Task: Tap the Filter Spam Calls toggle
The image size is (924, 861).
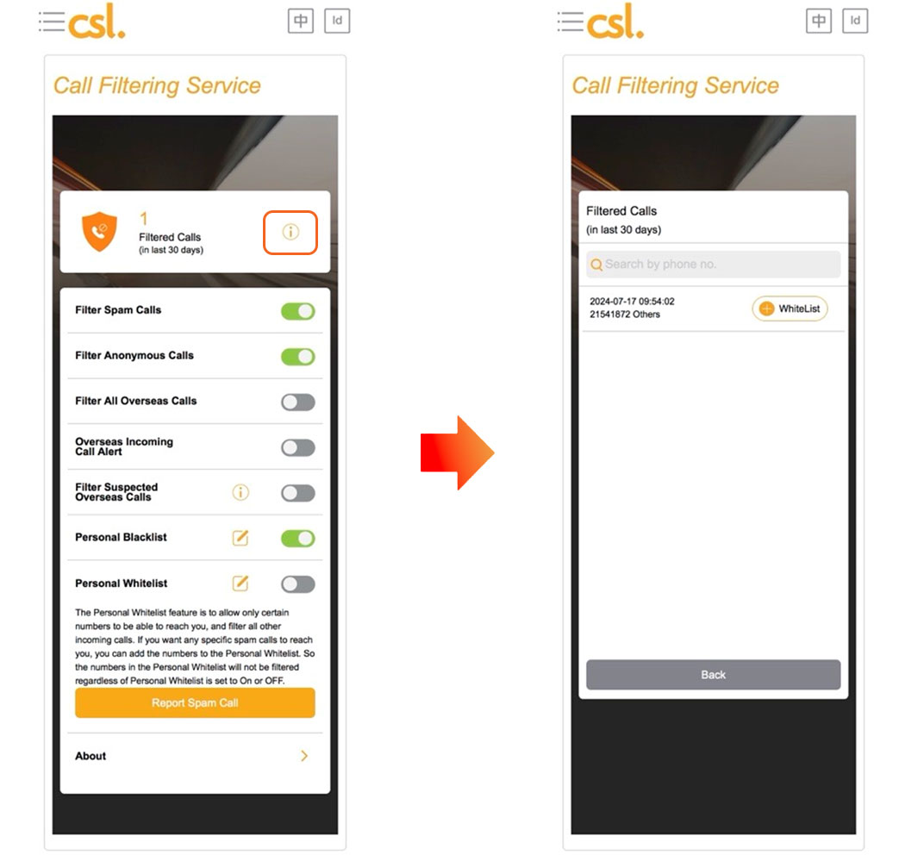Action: pyautogui.click(x=297, y=311)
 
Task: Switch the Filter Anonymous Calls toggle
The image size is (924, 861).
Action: pyautogui.click(x=297, y=357)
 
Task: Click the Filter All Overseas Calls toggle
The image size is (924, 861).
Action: pyautogui.click(x=297, y=402)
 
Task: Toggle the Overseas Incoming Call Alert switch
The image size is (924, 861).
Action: pyautogui.click(x=297, y=447)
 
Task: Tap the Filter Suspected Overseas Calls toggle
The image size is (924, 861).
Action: pyautogui.click(x=297, y=493)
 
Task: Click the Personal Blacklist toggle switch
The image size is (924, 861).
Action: pyautogui.click(x=297, y=538)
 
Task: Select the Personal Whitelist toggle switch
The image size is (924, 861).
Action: pyautogui.click(x=297, y=584)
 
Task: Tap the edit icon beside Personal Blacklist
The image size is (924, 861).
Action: pyautogui.click(x=240, y=538)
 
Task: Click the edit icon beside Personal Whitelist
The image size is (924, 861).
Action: pyautogui.click(x=240, y=583)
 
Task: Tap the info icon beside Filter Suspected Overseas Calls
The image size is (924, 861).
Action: pyautogui.click(x=240, y=492)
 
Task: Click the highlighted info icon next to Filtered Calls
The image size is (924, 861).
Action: pyautogui.click(x=290, y=232)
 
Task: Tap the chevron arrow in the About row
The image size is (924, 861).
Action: pyautogui.click(x=304, y=756)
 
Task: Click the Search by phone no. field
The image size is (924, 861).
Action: pyautogui.click(x=713, y=265)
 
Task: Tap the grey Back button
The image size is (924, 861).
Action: pyautogui.click(x=713, y=675)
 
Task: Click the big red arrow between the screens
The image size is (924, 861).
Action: pyautogui.click(x=458, y=452)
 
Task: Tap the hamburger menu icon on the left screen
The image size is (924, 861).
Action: pyautogui.click(x=52, y=22)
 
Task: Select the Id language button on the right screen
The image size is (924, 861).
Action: pyautogui.click(x=855, y=22)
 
